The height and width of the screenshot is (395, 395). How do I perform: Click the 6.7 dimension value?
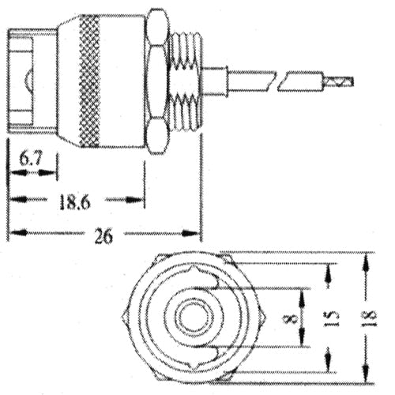[x=32, y=160]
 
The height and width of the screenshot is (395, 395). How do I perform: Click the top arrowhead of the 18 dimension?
[x=365, y=261]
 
